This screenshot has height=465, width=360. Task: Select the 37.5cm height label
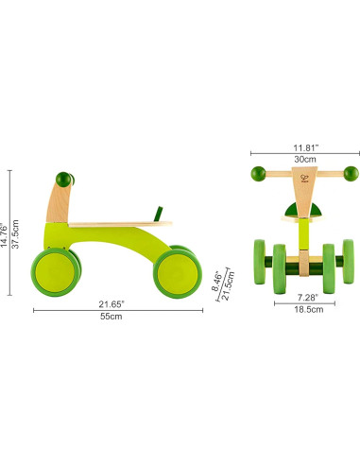[x=16, y=230]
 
